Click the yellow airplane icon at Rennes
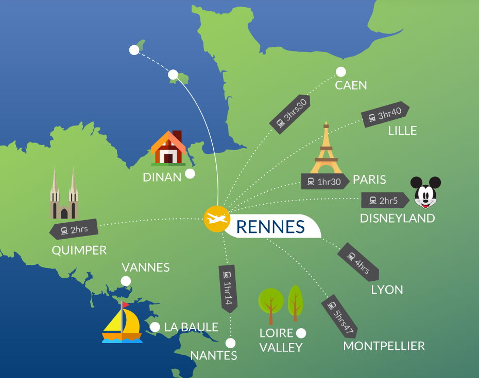[216, 219]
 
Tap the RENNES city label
[270, 226]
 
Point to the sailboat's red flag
[125, 304]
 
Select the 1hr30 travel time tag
[323, 181]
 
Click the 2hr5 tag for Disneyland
[384, 201]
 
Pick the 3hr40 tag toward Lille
[385, 115]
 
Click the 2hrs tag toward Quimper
[74, 230]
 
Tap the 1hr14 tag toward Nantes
[227, 288]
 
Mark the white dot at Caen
[341, 72]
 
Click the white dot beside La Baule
[155, 327]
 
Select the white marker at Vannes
[125, 281]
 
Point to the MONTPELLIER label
[384, 346]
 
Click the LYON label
[387, 290]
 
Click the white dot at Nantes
[230, 343]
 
